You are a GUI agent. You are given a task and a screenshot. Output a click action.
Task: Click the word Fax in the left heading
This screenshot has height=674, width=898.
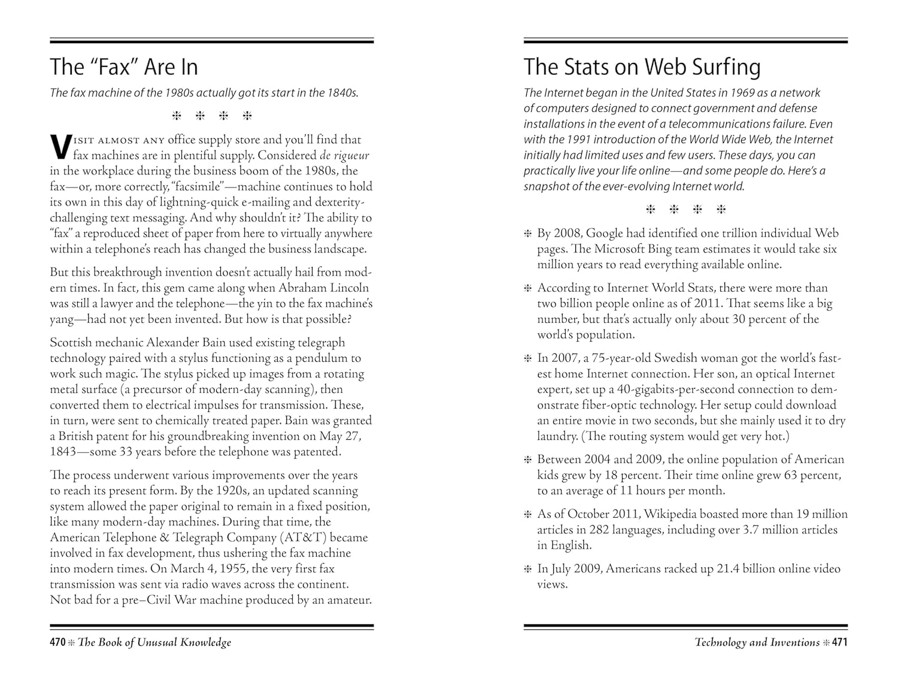click(117, 67)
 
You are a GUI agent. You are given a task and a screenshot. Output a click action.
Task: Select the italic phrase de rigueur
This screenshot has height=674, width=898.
click(344, 155)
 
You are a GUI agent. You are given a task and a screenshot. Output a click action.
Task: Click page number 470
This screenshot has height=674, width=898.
click(57, 642)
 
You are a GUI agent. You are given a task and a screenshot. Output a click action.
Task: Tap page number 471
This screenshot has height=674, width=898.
click(840, 642)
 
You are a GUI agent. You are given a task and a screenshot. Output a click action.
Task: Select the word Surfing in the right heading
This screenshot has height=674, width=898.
click(726, 67)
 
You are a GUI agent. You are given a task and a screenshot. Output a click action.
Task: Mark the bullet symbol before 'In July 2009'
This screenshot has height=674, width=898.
click(528, 569)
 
